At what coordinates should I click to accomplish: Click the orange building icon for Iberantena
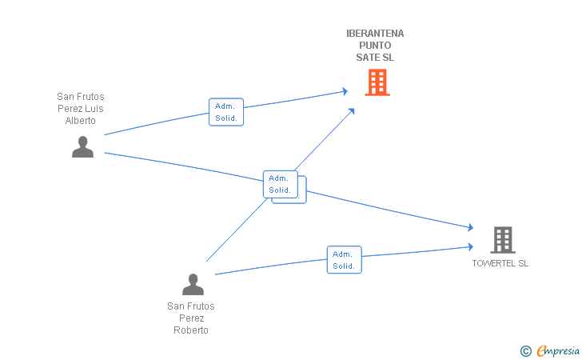tap(377, 82)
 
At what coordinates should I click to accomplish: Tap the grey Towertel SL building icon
tap(503, 240)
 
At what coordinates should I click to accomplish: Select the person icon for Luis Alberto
tap(82, 146)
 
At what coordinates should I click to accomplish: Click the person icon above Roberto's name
tap(193, 284)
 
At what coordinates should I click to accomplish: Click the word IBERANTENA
tap(375, 34)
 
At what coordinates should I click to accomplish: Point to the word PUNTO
tap(375, 46)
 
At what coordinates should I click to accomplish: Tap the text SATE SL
tap(375, 58)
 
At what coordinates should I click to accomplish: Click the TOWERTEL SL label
tap(500, 263)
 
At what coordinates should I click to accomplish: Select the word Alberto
tap(81, 120)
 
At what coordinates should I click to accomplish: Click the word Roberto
tap(191, 330)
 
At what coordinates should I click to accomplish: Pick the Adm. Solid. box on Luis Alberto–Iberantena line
tap(226, 112)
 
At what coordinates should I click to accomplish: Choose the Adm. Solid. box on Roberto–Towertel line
tap(344, 260)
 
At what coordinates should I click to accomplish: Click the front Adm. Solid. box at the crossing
tap(281, 184)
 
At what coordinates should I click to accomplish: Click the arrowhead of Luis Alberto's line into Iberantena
tap(345, 91)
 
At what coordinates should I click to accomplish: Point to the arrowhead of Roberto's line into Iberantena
tap(352, 110)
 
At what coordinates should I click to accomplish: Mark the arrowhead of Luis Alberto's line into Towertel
tap(471, 227)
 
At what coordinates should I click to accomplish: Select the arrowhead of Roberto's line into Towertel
tap(471, 246)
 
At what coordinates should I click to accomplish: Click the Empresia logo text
tap(558, 350)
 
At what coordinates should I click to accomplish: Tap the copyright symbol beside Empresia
tap(526, 351)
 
